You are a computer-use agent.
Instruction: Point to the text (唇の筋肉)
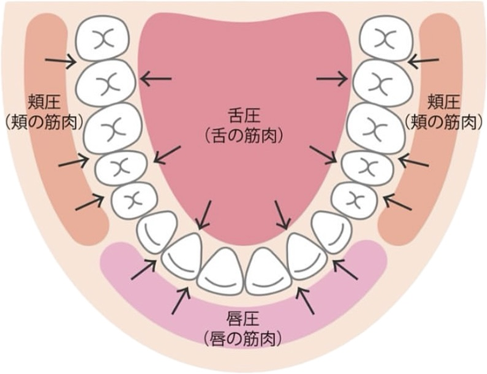243,341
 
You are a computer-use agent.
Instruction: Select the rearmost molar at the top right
383,38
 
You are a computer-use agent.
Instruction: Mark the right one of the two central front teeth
267,272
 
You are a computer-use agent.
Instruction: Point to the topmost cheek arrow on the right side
425,60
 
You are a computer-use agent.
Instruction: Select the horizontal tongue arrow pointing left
156,77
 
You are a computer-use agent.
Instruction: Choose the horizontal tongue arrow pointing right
331,77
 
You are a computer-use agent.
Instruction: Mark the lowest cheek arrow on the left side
89,203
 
